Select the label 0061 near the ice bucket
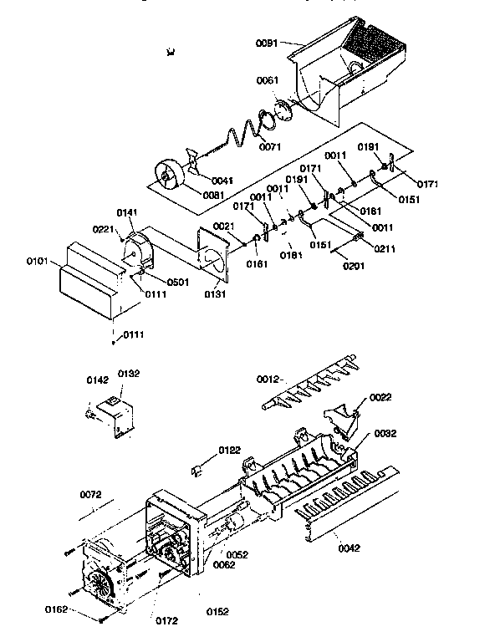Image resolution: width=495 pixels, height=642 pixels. [x=268, y=80]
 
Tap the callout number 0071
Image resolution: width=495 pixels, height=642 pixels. [x=270, y=147]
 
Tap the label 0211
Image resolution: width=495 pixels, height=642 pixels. [x=386, y=247]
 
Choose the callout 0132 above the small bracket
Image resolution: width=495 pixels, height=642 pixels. [x=127, y=374]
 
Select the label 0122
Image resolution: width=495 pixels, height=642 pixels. [x=230, y=451]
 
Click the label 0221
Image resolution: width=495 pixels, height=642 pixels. [x=102, y=229]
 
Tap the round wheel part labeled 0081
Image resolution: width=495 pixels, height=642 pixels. [x=171, y=180]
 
